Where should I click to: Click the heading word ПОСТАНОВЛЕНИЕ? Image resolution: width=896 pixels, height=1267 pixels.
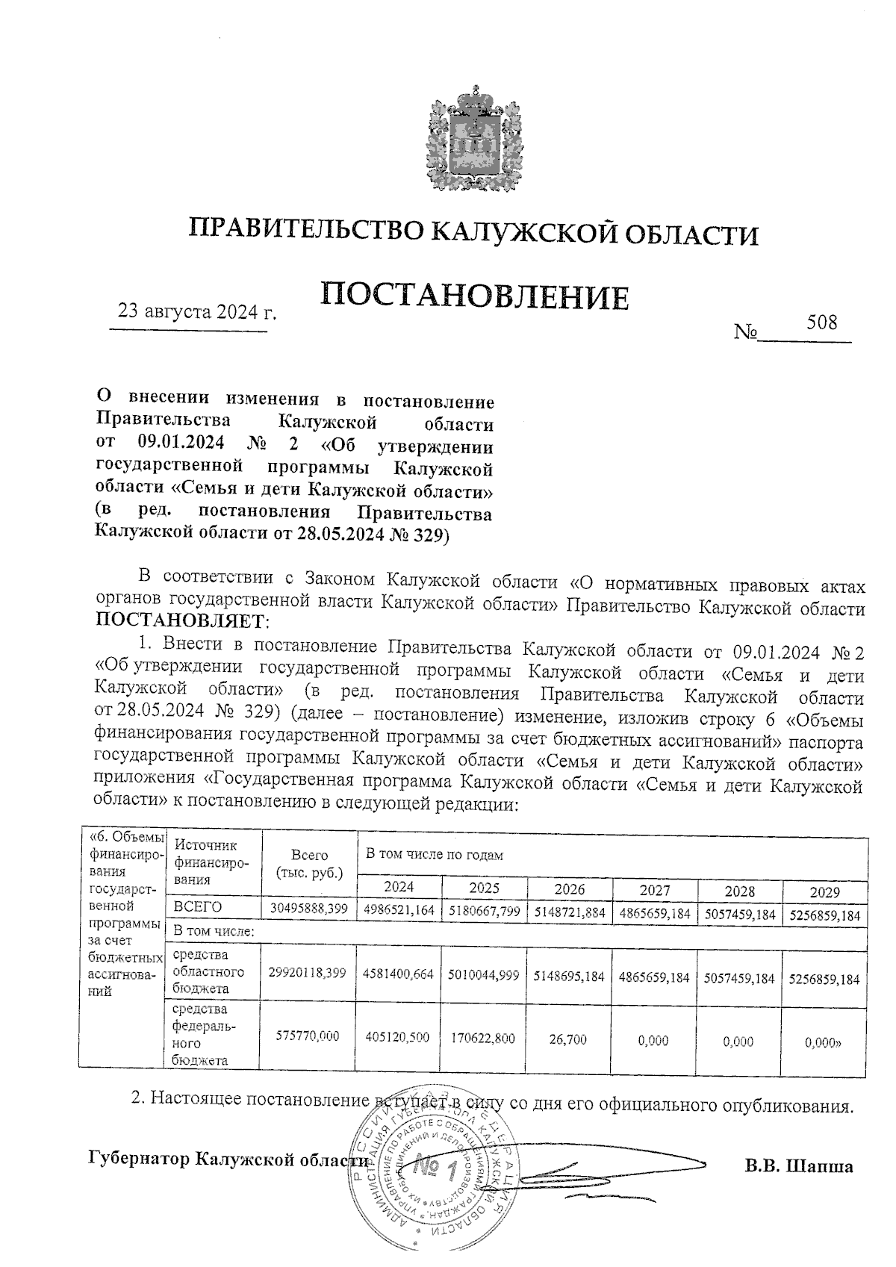point(475,296)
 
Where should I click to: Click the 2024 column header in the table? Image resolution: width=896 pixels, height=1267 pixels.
point(399,887)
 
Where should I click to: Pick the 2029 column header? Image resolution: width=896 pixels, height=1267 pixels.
point(824,891)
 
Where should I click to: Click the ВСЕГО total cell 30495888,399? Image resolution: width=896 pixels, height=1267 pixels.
point(309,912)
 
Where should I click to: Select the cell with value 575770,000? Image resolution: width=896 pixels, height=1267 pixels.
point(308,1036)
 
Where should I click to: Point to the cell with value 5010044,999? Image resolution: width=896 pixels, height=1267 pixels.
point(484,975)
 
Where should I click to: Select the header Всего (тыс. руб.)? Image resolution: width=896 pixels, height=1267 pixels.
point(309,864)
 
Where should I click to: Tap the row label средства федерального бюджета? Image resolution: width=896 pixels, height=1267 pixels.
point(205,1033)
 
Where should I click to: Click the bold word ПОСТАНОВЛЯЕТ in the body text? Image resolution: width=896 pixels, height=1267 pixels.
point(179,621)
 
